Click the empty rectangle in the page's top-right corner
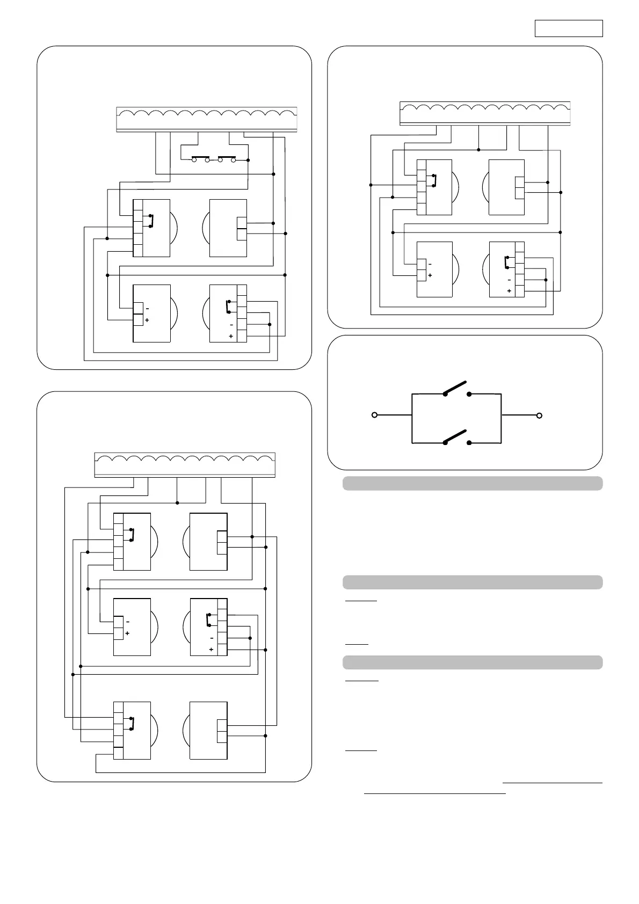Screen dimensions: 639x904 click(x=569, y=28)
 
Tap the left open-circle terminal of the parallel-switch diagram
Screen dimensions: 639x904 click(x=375, y=415)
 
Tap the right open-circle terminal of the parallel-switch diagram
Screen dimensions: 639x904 click(x=540, y=415)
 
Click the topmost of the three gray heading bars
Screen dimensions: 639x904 click(x=473, y=483)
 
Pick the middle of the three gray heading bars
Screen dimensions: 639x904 click(x=473, y=582)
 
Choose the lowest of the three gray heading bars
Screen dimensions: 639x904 click(x=473, y=662)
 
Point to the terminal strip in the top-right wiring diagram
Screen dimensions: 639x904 click(x=485, y=113)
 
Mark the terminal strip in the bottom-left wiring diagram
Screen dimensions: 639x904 click(x=185, y=464)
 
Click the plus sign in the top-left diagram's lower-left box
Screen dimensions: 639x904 click(x=147, y=320)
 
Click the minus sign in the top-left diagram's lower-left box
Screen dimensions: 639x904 click(x=147, y=309)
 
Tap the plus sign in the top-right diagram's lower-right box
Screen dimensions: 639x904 click(x=509, y=291)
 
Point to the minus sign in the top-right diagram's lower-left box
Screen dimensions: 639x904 click(x=430, y=264)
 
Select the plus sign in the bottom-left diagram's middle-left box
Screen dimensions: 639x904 click(x=127, y=633)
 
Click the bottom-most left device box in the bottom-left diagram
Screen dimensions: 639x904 click(x=132, y=730)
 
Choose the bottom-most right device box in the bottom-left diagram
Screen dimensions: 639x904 click(x=208, y=730)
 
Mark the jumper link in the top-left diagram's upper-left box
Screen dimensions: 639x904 click(x=153, y=221)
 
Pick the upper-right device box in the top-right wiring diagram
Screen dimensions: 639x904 click(x=506, y=187)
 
